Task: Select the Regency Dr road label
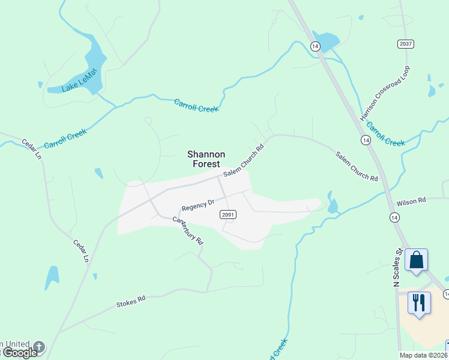point(198,205)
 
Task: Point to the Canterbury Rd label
point(188,229)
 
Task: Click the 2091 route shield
point(228,214)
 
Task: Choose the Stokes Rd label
point(131,301)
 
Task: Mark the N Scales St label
point(397,268)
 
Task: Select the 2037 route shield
point(406,44)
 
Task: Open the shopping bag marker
point(416,260)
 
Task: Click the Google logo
point(19,353)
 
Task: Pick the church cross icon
point(39,346)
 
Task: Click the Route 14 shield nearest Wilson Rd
point(394,217)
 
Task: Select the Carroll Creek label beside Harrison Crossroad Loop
point(385,134)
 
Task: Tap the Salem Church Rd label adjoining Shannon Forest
point(244,160)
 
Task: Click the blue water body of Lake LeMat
point(94,60)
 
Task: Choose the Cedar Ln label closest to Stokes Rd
point(80,251)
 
